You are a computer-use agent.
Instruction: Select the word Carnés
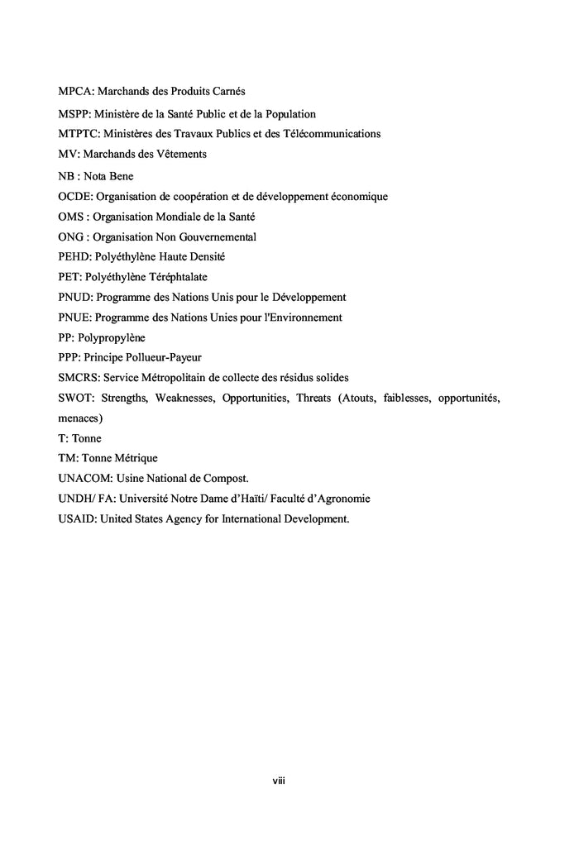click(227, 90)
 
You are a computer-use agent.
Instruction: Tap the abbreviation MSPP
click(74, 114)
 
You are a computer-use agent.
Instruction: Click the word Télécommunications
click(330, 134)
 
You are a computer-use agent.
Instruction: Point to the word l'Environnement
click(295, 317)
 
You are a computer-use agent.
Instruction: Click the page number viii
click(279, 781)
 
